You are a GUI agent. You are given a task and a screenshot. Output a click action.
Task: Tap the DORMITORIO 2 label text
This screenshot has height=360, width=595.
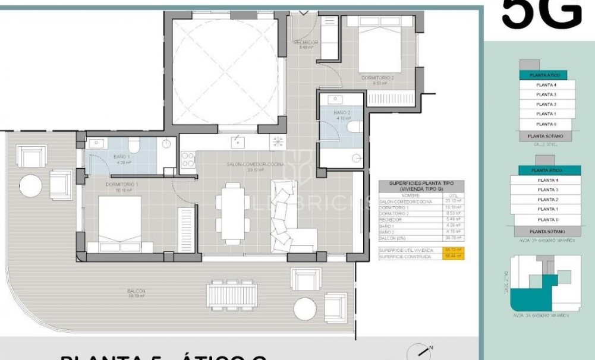(377, 78)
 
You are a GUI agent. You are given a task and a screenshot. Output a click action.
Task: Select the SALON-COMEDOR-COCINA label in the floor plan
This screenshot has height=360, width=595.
(255, 165)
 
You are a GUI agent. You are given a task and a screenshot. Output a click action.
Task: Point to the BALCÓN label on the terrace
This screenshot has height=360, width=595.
(136, 291)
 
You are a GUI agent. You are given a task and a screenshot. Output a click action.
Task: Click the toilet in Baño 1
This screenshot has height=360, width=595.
(134, 145)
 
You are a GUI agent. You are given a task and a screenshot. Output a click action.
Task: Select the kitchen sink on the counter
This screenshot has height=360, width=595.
(237, 141)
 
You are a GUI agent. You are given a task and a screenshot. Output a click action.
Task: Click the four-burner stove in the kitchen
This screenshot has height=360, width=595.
(188, 159)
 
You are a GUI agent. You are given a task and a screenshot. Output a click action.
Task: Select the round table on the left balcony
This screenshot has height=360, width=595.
(30, 185)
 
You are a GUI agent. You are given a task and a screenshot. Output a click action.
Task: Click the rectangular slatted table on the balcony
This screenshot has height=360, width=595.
(232, 293)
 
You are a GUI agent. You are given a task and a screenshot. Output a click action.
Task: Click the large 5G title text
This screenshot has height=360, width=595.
(541, 15)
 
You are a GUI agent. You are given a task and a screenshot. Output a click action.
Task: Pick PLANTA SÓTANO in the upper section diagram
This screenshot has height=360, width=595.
(542, 136)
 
